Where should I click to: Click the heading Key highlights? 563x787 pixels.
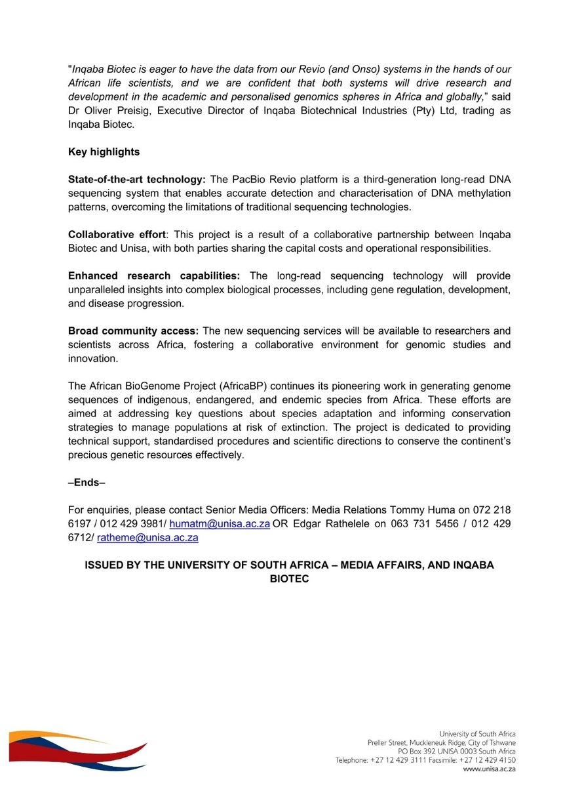click(x=104, y=151)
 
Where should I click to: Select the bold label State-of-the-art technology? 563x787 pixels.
click(x=137, y=179)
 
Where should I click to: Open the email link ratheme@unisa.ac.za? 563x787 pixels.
click(x=147, y=538)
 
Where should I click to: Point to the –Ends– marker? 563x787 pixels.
click(x=87, y=483)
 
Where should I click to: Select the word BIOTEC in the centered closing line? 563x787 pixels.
click(x=289, y=579)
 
